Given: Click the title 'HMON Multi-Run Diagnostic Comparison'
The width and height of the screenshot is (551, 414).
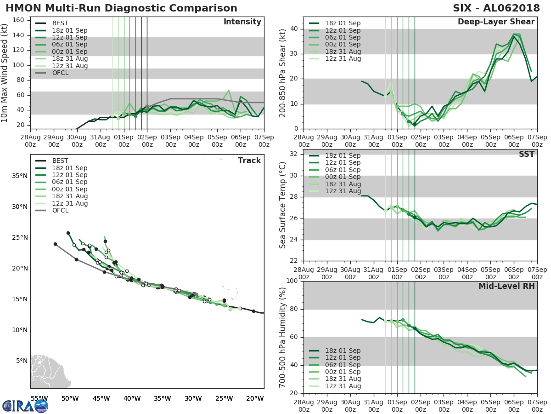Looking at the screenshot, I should click(121, 8).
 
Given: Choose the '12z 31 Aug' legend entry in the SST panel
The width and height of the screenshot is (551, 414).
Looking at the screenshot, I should click(342, 191).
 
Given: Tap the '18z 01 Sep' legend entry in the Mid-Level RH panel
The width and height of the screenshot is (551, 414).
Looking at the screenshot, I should click(342, 351).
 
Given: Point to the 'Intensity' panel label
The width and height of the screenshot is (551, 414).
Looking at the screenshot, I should click(242, 22).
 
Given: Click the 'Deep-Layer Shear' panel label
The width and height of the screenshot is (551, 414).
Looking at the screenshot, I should click(496, 22).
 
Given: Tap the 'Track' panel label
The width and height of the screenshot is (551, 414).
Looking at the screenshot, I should click(249, 161).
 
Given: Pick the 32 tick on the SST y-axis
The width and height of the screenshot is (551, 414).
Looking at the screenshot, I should click(292, 154).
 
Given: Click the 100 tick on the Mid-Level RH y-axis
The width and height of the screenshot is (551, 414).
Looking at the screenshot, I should click(290, 281).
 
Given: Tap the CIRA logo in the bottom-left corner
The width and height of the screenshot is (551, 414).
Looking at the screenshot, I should click(25, 405).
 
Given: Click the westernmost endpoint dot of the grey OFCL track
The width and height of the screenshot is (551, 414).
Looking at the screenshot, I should click(55, 244).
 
